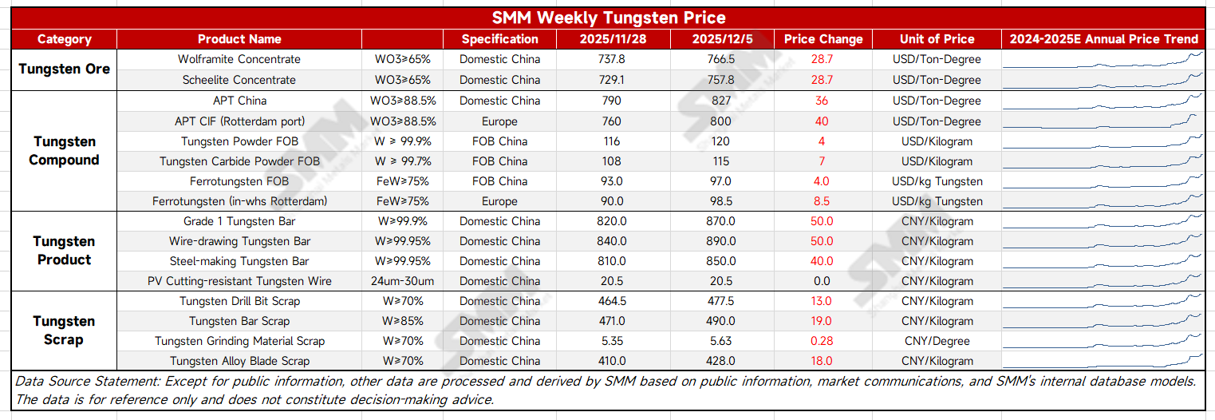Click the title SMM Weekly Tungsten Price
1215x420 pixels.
pos(608,18)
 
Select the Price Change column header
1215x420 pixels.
pos(822,39)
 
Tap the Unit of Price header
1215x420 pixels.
pos(937,39)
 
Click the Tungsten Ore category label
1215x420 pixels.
pos(64,69)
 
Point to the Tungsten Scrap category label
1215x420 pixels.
pos(64,331)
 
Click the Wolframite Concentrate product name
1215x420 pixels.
pos(239,59)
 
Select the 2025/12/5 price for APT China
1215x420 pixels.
pos(721,101)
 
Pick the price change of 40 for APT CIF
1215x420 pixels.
pos(822,121)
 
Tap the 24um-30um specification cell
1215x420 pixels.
pos(402,281)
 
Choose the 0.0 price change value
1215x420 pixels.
pos(822,281)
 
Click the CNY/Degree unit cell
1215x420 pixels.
pos(937,341)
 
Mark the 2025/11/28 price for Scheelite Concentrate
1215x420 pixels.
pos(612,80)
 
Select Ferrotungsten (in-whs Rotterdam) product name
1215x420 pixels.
pos(239,201)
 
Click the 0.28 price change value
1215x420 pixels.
pos(822,341)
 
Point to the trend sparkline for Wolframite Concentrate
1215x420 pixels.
pos(1103,58)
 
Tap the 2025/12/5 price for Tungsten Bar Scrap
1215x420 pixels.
pos(721,321)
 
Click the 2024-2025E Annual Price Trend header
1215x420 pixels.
pos(1103,39)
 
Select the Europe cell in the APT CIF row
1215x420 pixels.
pos(499,121)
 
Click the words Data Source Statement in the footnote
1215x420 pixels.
pos(75,382)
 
